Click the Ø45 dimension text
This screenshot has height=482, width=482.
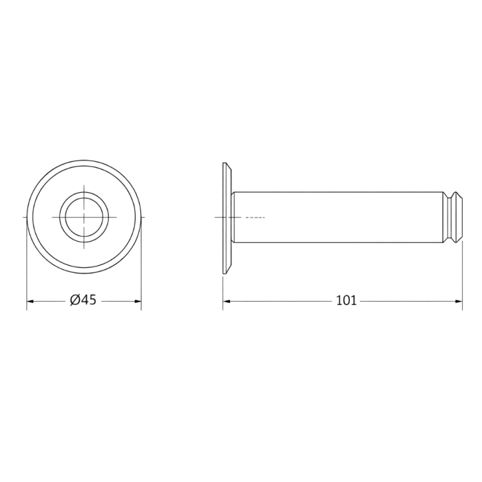point(83,300)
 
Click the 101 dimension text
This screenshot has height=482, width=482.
point(346,300)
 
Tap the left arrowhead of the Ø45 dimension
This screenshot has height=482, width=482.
point(30,300)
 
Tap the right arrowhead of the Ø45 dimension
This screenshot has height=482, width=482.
point(138,300)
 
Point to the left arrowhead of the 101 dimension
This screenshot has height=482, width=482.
point(226,300)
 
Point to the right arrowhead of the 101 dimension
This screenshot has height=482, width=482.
point(459,300)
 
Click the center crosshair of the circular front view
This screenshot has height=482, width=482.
point(84,217)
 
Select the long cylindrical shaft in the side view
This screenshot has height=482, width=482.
point(337,217)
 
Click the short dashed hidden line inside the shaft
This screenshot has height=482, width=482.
point(255,218)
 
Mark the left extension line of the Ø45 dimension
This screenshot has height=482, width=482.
point(27,275)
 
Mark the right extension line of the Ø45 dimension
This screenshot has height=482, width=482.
point(141,275)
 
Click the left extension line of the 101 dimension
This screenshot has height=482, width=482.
point(222,289)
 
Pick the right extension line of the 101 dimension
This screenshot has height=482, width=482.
point(462,275)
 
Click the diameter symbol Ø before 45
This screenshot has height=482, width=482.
point(74,300)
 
